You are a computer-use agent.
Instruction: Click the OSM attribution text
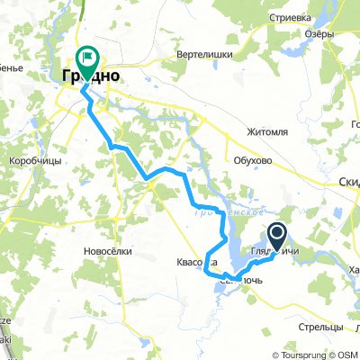348,354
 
